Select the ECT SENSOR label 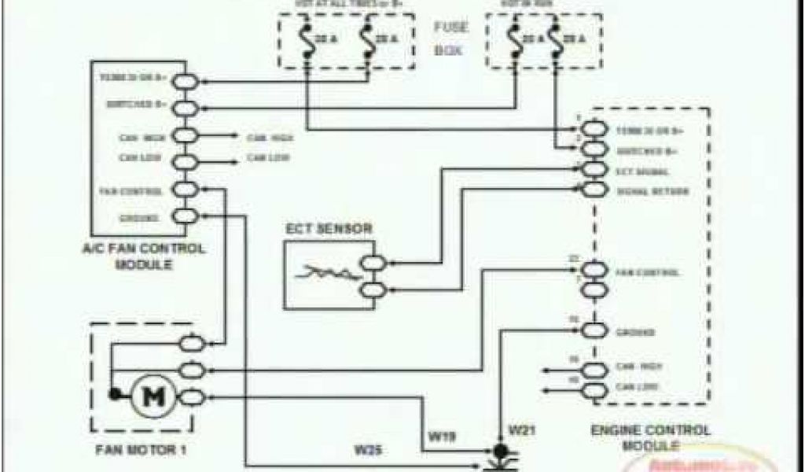[328, 229]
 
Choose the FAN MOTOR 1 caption [142, 452]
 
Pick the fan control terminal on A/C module [186, 190]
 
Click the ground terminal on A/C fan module [186, 217]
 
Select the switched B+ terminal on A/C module [186, 106]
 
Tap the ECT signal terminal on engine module [595, 170]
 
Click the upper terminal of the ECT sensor [371, 264]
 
